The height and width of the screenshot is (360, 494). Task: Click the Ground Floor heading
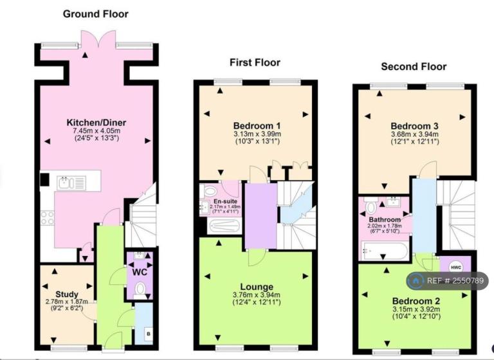(95, 14)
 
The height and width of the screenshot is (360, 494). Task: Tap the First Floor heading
(255, 62)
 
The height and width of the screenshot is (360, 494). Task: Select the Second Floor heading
(414, 67)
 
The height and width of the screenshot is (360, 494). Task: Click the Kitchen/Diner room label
(96, 123)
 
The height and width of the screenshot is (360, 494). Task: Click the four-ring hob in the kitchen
(47, 218)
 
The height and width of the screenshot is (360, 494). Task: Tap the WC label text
(140, 272)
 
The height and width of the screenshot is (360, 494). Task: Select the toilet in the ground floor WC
(140, 290)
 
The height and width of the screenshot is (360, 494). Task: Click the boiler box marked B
(149, 334)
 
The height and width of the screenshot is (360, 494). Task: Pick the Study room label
(67, 294)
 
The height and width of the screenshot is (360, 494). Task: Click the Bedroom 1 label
(257, 126)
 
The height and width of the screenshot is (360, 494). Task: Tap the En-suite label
(225, 201)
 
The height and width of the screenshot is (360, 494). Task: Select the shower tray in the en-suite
(224, 226)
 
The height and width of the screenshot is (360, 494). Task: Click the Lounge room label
(257, 287)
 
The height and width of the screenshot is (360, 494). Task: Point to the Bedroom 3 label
(414, 126)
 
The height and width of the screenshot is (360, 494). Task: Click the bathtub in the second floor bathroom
(385, 251)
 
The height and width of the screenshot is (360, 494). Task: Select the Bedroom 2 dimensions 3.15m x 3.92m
(416, 309)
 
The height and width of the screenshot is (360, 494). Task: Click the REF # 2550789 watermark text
(455, 281)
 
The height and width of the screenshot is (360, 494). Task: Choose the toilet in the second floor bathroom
(371, 206)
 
